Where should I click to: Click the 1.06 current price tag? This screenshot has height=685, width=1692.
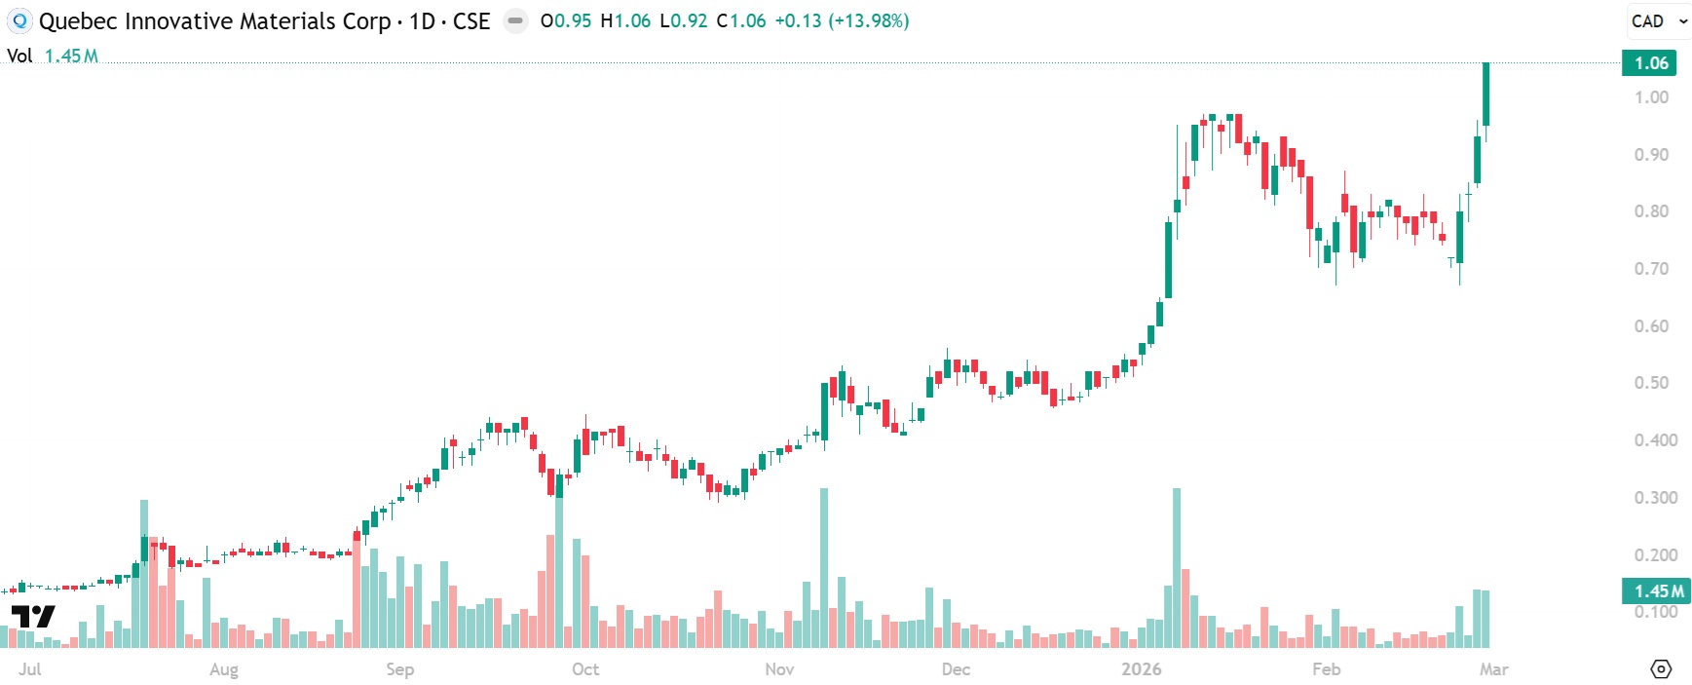tap(1650, 63)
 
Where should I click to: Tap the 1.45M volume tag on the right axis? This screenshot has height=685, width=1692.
tap(1657, 590)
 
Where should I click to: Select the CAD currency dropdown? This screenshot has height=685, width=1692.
tap(1658, 21)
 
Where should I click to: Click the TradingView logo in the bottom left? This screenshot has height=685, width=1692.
tap(33, 616)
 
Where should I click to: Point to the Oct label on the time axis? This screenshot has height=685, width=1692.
tap(585, 669)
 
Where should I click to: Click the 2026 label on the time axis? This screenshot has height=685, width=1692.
tap(1141, 669)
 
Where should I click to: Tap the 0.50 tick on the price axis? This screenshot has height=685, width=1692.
tap(1651, 383)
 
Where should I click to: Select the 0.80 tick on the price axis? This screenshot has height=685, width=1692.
tap(1651, 211)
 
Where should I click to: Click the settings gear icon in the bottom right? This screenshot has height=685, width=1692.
tap(1662, 669)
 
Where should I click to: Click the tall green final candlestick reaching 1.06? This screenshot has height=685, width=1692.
tap(1486, 95)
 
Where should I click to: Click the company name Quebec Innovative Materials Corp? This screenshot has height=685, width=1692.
tap(214, 21)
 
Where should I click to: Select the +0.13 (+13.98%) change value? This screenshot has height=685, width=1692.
tap(842, 21)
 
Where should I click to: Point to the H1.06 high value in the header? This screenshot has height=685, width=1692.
tap(625, 21)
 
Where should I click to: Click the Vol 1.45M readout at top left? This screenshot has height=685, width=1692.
tap(54, 57)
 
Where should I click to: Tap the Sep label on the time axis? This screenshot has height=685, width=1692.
tap(399, 669)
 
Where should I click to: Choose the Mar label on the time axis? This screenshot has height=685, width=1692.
tap(1493, 669)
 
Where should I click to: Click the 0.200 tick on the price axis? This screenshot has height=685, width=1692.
tap(1655, 555)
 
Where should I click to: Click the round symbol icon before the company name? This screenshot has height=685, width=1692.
tap(19, 21)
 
